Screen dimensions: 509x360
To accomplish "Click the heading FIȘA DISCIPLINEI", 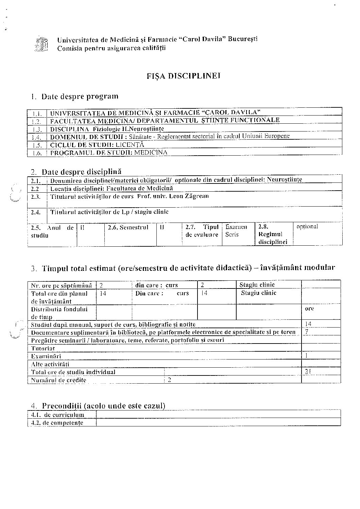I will point(184,76).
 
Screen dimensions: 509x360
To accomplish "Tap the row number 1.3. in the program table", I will point(37,129).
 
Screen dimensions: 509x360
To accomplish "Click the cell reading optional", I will point(307,227).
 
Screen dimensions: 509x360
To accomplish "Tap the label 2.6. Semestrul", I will point(128,227).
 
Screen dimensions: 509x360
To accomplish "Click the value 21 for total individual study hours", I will point(308,372).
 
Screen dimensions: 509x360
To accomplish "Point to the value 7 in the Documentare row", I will point(307,332).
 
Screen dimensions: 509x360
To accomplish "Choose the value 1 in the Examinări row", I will point(307,356).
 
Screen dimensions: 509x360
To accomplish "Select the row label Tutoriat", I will point(43,348).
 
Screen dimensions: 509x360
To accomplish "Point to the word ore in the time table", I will point(309,309).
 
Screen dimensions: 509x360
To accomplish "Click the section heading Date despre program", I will point(80,96).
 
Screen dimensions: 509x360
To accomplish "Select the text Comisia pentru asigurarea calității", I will point(111,48).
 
